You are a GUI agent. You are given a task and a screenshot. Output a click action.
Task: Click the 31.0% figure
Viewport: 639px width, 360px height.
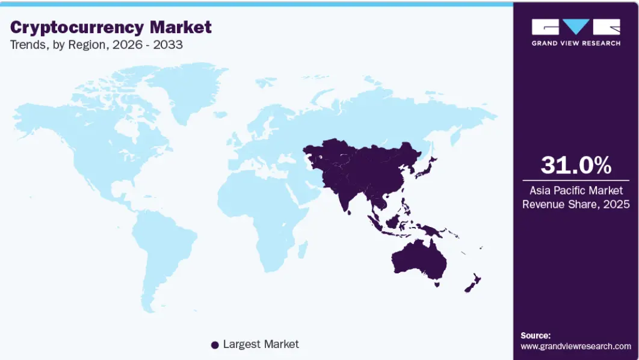(x=576, y=165)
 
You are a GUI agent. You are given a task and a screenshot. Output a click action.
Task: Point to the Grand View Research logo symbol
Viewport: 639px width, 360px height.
(x=576, y=28)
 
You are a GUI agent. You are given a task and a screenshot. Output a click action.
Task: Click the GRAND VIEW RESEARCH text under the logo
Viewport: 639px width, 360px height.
(x=576, y=43)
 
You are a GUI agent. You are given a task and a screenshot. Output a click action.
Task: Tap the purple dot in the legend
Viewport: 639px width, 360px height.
(x=214, y=345)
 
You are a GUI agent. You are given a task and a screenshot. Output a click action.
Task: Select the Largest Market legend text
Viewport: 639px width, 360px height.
(x=261, y=344)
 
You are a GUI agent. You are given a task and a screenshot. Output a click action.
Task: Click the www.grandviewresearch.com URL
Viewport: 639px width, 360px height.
(x=576, y=346)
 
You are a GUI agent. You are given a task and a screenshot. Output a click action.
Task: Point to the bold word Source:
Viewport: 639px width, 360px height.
(x=536, y=335)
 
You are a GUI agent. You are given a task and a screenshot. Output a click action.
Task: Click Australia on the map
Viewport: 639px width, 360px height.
(x=419, y=259)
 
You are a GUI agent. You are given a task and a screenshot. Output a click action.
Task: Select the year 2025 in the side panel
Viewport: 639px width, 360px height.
(x=617, y=204)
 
